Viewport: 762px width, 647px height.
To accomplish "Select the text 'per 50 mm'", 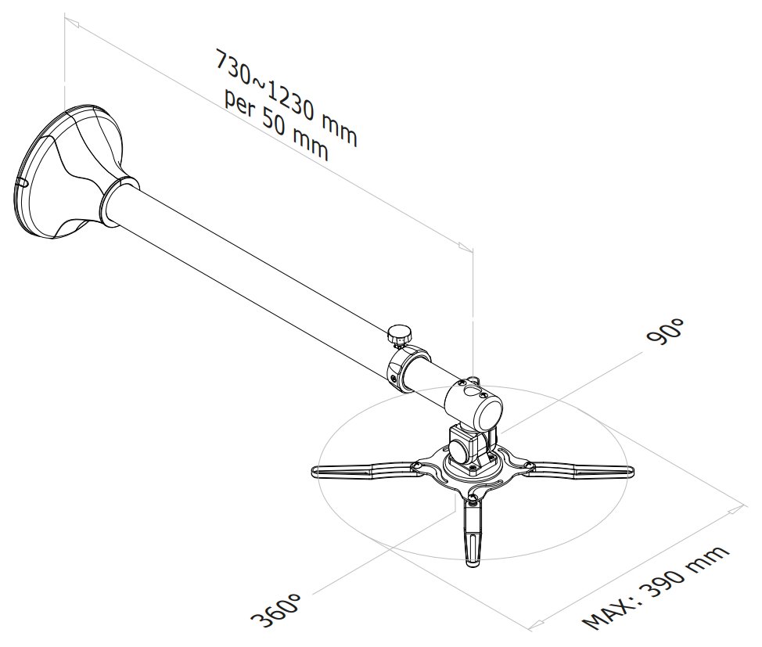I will (275, 125).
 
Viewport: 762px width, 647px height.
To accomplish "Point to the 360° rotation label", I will (275, 609).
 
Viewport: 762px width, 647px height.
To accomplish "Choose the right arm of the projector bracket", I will (583, 471).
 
